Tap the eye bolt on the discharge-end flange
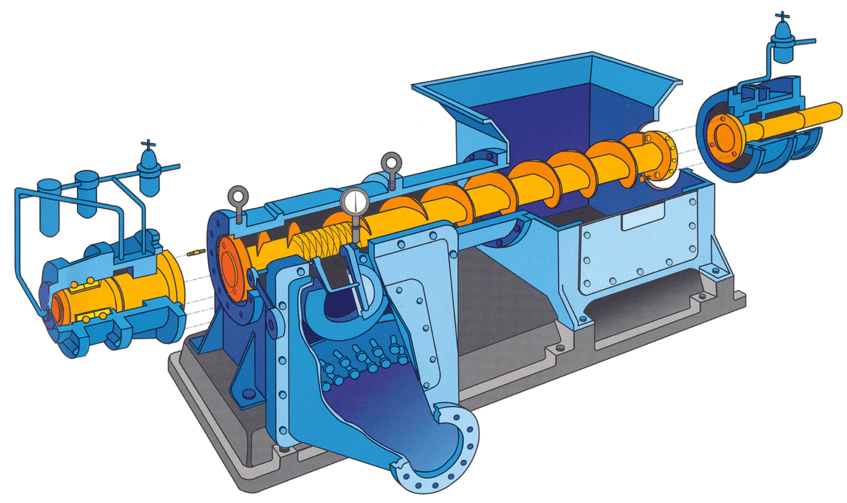[238, 197]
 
